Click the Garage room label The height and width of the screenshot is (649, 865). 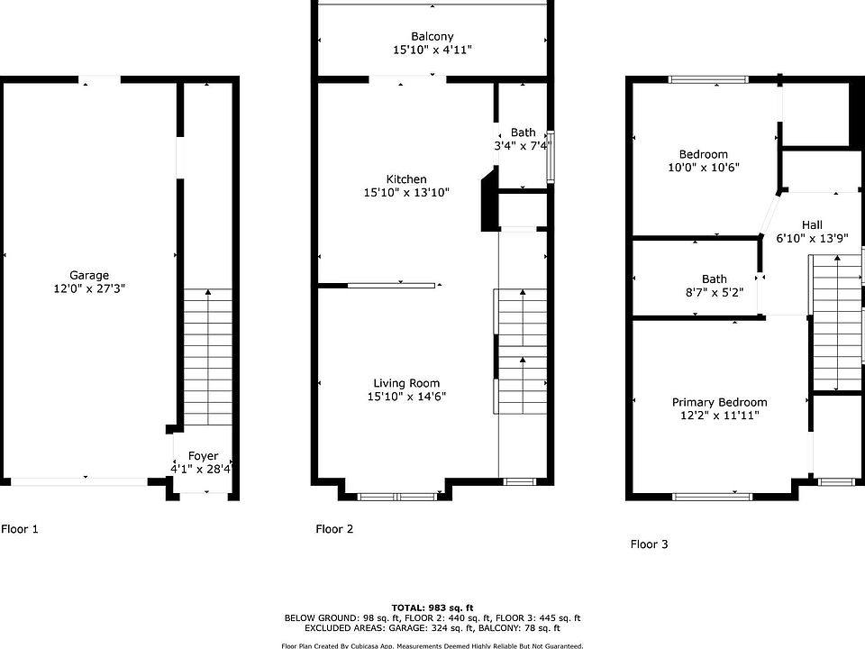(x=89, y=275)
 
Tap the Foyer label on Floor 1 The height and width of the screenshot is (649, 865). (x=203, y=456)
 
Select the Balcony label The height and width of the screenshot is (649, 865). (x=432, y=36)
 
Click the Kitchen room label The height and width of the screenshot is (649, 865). (x=406, y=178)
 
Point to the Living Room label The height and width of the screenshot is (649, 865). (x=406, y=383)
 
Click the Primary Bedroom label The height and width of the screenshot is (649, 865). (x=719, y=402)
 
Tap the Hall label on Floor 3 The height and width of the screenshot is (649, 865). (x=812, y=224)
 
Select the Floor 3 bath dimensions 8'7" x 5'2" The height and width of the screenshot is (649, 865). (x=715, y=292)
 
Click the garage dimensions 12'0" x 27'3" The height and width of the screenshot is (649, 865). (x=89, y=288)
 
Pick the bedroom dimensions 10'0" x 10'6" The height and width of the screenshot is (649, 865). (x=704, y=168)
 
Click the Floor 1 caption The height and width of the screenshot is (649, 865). (x=20, y=529)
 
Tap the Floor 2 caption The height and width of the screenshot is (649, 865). (x=334, y=529)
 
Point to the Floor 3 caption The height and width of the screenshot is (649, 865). (x=650, y=544)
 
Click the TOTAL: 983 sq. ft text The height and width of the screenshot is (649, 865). (x=432, y=608)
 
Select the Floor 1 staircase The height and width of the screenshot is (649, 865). (x=207, y=357)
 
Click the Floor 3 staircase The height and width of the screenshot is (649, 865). (x=838, y=323)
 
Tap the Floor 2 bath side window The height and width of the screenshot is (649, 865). (x=551, y=157)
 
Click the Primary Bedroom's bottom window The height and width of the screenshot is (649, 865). (x=712, y=497)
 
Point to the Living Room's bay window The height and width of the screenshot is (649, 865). (x=397, y=497)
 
